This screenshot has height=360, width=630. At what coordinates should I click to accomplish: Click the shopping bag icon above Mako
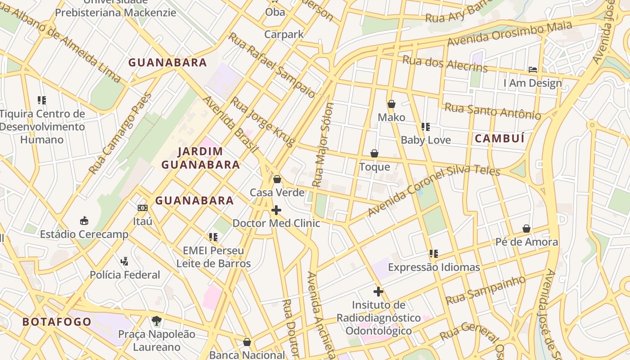coord(391,104)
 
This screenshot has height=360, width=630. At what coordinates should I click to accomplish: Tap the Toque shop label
coord(374,167)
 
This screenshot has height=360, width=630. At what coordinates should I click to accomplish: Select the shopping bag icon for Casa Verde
coord(277,179)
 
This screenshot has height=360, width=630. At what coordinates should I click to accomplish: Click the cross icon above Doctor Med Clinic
coord(276,210)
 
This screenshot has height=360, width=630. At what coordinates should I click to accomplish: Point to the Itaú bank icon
coord(143,207)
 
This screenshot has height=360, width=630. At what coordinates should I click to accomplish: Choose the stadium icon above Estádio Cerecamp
coord(84,220)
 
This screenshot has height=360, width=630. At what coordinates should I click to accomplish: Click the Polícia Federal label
coord(125,274)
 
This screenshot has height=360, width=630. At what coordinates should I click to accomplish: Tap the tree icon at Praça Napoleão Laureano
coord(156,321)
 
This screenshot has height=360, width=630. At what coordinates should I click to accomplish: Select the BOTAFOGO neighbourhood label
coord(57,322)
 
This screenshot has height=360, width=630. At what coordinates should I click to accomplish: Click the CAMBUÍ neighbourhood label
coord(499,139)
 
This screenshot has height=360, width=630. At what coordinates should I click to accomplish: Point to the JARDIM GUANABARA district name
coord(201,158)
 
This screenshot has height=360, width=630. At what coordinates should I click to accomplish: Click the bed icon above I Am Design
coord(533,70)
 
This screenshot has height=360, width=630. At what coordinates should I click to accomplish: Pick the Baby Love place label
coord(426,140)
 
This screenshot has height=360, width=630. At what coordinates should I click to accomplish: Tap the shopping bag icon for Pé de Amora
coord(526,229)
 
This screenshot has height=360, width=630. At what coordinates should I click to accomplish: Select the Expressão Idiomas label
coord(434,267)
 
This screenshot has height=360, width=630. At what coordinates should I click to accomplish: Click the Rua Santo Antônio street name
coord(493,111)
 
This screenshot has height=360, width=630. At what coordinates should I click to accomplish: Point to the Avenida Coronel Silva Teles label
coord(434,191)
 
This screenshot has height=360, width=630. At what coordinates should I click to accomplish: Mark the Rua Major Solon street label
coord(324,145)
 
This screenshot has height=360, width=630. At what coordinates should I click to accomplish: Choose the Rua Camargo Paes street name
coord(120,134)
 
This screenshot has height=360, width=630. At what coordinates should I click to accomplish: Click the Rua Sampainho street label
coord(485,290)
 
